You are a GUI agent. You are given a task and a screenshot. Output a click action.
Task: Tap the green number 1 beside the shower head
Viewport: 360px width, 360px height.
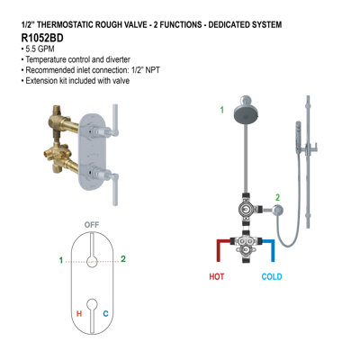tap(221, 111)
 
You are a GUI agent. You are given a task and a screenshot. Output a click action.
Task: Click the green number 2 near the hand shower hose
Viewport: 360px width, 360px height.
tap(277, 197)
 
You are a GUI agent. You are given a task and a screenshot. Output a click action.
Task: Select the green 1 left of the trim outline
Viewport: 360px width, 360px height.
tap(61, 261)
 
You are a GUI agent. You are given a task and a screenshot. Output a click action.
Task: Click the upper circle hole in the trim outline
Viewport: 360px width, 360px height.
tap(91, 261)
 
